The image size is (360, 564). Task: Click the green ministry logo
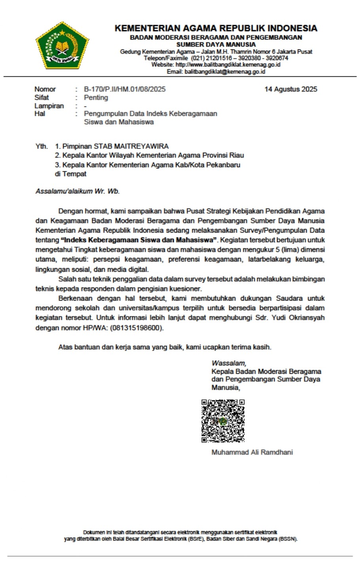(x=63, y=46)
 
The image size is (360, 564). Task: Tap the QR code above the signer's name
(x=223, y=420)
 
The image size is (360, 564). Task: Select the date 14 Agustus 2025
(x=291, y=89)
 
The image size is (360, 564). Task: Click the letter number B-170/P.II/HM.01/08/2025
(x=125, y=89)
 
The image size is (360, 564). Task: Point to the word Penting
(x=96, y=98)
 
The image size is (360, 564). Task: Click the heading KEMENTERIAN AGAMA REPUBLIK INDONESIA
(x=216, y=28)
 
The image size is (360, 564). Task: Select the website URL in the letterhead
(x=227, y=64)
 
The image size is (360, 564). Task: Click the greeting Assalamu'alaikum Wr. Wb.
(x=78, y=191)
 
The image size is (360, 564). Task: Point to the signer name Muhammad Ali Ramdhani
(x=252, y=452)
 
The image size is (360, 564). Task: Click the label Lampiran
(x=49, y=106)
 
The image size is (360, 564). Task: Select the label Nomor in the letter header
(x=45, y=89)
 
